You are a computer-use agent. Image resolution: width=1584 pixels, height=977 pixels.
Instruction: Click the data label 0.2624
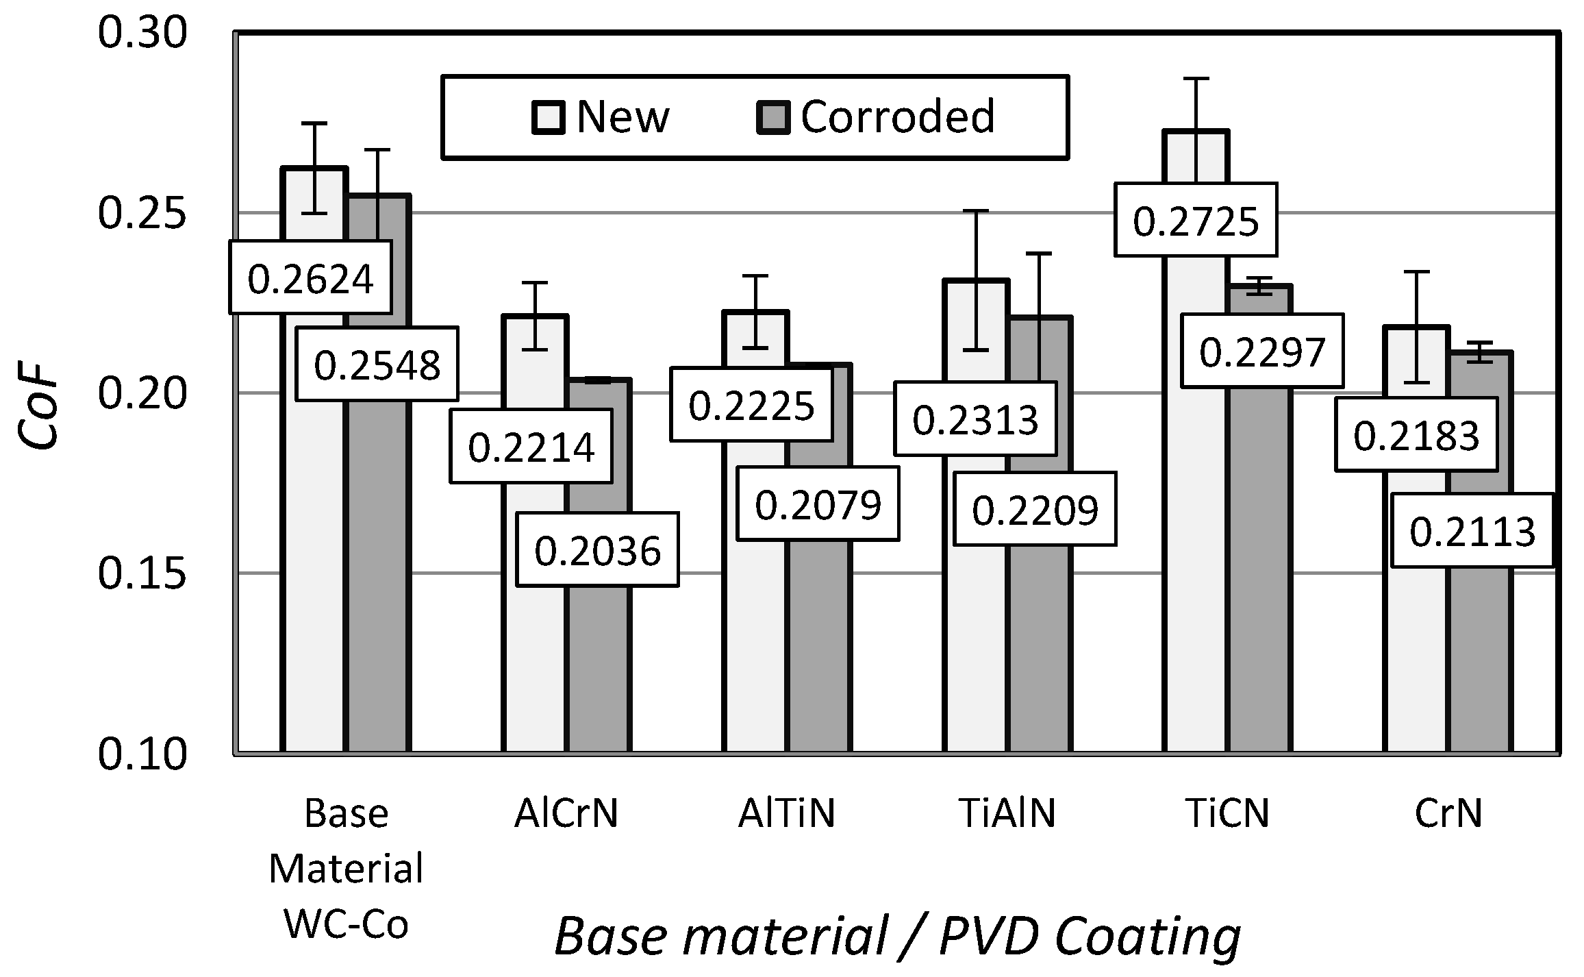pos(310,278)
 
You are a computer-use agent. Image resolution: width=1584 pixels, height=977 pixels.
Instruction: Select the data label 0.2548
pos(377,364)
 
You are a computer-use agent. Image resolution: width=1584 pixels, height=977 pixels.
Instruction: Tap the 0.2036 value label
pos(597,550)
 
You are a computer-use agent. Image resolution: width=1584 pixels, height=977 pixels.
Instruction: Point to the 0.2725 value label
pos(1196,220)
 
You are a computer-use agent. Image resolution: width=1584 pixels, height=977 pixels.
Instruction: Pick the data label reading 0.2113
pos(1472,531)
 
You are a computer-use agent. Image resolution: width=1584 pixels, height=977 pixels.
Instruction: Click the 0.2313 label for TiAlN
pos(975,419)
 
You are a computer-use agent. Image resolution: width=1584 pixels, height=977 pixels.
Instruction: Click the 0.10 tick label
pos(142,754)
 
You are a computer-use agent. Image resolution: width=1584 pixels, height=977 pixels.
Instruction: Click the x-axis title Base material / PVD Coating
pos(897,936)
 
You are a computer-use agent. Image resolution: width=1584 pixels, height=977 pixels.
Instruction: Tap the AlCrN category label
pos(566,814)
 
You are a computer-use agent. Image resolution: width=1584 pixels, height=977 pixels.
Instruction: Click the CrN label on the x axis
pos(1448,814)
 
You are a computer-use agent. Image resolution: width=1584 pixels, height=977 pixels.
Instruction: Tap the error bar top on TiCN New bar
pos(1196,79)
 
